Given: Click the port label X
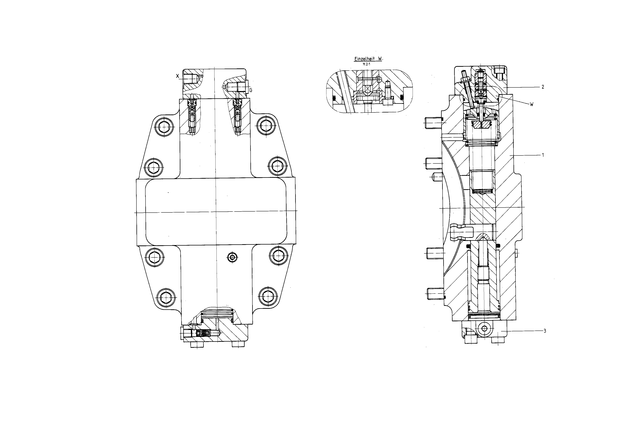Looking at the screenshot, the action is tap(178, 76).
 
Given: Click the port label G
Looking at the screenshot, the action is tap(251, 90).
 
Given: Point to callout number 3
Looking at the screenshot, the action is tap(545, 331).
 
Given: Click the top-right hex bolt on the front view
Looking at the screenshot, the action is tap(266, 126).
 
